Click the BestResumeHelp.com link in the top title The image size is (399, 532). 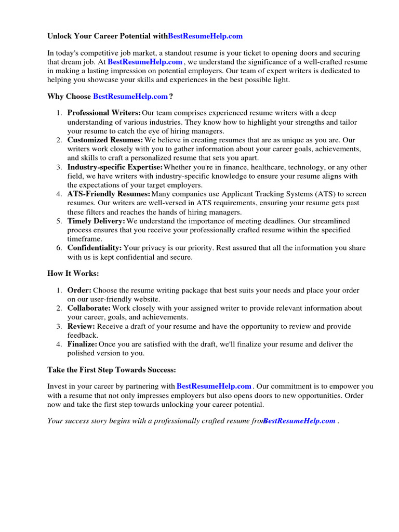tap(205, 36)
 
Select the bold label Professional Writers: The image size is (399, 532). tap(104, 112)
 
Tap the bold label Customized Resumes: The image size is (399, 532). tap(105, 140)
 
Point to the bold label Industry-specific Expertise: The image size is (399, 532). tap(115, 167)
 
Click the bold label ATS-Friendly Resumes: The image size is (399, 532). tap(109, 194)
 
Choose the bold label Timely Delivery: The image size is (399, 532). tap(96, 221)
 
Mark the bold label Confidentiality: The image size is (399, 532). tap(95, 248)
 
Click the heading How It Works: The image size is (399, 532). tap(73, 273)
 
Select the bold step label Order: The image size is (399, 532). tap(79, 290)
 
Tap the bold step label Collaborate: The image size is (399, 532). tap(89, 308)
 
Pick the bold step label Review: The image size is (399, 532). tap(81, 326)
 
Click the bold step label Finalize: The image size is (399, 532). tap(82, 344)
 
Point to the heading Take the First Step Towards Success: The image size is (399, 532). tap(112, 369)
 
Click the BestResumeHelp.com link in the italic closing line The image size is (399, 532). tap(299, 421)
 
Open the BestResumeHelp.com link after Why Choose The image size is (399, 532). tap(130, 96)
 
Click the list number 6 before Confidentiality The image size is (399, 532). tap(59, 248)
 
